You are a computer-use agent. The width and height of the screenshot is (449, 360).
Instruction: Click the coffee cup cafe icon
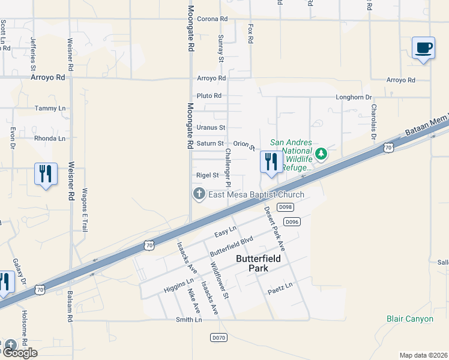pyautogui.click(x=423, y=48)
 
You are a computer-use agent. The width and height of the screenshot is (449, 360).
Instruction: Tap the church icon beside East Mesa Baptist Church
pyautogui.click(x=199, y=194)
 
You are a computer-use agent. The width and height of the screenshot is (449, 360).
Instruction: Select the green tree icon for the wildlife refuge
pyautogui.click(x=322, y=154)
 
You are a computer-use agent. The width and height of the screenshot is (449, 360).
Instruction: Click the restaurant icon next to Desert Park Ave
pyautogui.click(x=271, y=162)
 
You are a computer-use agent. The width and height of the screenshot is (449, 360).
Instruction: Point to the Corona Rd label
pyautogui.click(x=212, y=19)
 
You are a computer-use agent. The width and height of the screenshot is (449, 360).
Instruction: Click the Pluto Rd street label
pyautogui.click(x=209, y=96)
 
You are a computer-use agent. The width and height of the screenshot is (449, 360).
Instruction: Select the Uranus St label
pyautogui.click(x=211, y=128)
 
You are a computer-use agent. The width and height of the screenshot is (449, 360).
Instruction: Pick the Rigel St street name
pyautogui.click(x=207, y=175)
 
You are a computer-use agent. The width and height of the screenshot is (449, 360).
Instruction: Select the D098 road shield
pyautogui.click(x=286, y=207)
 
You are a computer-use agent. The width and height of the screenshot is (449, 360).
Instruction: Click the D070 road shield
pyautogui.click(x=218, y=338)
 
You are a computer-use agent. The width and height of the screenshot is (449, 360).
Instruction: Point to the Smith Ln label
pyautogui.click(x=188, y=320)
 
